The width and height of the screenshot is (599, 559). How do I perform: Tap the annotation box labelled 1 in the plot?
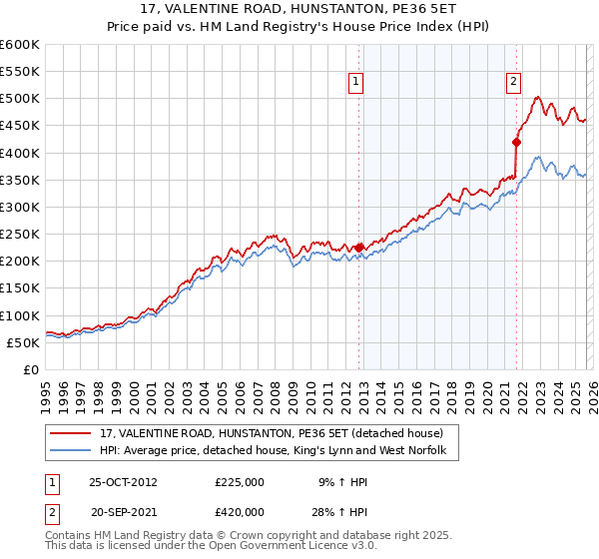pyautogui.click(x=356, y=83)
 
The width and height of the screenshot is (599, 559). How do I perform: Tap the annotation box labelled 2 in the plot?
pyautogui.click(x=513, y=83)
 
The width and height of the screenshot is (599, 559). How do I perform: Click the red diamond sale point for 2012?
pyautogui.click(x=358, y=248)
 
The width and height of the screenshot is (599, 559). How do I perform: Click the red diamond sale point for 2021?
pyautogui.click(x=516, y=142)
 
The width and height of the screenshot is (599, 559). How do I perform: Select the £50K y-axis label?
pyautogui.click(x=23, y=342)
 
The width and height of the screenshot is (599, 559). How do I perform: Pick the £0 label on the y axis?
pyautogui.click(x=31, y=369)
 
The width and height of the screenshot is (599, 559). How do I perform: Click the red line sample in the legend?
pyautogui.click(x=73, y=433)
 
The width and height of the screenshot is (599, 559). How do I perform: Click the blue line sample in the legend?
pyautogui.click(x=73, y=451)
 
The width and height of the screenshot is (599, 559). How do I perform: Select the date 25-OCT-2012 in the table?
pyautogui.click(x=123, y=481)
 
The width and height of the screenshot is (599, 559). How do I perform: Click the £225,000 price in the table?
pyautogui.click(x=240, y=481)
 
